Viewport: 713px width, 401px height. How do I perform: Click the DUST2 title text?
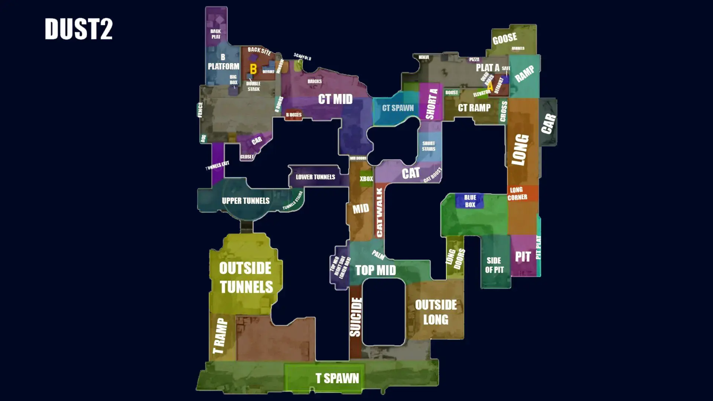click(78, 29)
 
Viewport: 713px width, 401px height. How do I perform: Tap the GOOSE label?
click(505, 38)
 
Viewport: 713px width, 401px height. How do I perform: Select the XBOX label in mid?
click(366, 179)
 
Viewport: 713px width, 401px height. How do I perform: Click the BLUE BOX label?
click(470, 201)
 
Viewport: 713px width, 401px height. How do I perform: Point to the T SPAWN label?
click(337, 378)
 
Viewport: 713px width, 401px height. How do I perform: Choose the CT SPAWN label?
click(398, 108)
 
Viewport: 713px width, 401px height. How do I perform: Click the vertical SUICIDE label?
click(356, 317)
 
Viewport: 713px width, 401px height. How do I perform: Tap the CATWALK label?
click(379, 212)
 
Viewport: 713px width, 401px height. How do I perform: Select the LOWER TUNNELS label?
click(315, 177)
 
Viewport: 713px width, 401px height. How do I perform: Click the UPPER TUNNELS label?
click(245, 201)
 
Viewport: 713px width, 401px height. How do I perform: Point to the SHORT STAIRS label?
click(429, 146)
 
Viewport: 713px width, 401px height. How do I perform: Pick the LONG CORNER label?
click(517, 193)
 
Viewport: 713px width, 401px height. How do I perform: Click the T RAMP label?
click(220, 336)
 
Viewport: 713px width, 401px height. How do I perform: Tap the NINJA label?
click(424, 57)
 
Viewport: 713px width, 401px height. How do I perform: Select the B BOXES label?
click(293, 115)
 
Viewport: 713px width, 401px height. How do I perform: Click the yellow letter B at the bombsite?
click(253, 69)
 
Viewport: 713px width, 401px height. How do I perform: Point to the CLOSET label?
click(247, 157)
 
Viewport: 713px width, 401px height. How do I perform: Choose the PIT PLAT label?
click(538, 247)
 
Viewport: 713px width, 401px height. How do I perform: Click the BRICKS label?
click(315, 81)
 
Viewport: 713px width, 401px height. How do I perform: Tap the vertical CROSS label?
click(504, 111)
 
